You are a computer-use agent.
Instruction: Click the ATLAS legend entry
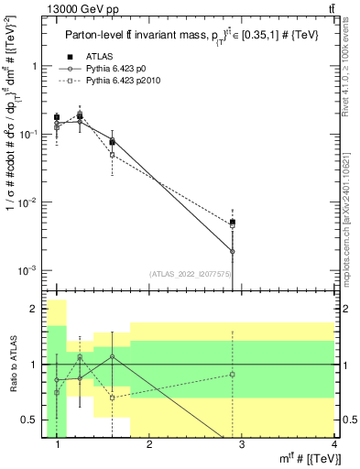click(x=98, y=58)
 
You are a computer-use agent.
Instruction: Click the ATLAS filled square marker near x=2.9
click(x=233, y=222)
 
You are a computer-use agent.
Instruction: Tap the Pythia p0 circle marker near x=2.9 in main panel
click(x=233, y=251)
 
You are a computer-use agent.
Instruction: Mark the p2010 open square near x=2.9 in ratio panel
click(x=233, y=374)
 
